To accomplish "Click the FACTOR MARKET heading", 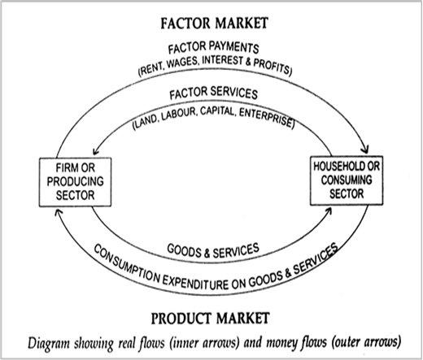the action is pos(214,23).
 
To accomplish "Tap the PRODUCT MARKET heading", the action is pos(210,318).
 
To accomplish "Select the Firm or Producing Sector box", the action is pos(75,182).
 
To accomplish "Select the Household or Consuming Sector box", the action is pos(347,180).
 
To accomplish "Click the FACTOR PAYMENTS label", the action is pos(213,48).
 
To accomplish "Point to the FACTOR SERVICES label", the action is pos(213,93).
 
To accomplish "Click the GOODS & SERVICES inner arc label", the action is pos(213,250).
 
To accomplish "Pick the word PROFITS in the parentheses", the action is pos(272,66).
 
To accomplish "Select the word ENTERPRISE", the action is pos(266,118).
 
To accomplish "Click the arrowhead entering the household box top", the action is pos(366,150).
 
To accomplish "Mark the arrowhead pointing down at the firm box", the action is pos(95,151).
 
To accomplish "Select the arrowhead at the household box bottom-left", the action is pos(328,210).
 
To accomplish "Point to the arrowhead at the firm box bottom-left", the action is pos(58,213).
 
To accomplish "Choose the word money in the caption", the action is pos(281,342).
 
